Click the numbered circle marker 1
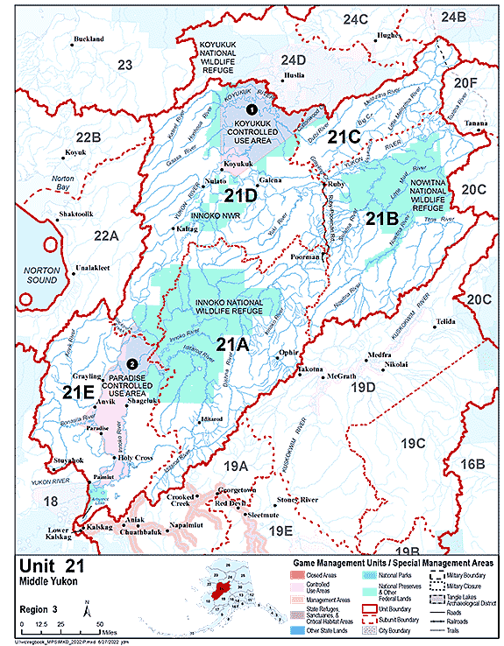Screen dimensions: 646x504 252,109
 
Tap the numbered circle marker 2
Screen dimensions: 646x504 132,362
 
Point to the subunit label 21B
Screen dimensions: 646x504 382,218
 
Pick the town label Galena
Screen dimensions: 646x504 269,180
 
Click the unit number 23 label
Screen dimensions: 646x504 124,64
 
